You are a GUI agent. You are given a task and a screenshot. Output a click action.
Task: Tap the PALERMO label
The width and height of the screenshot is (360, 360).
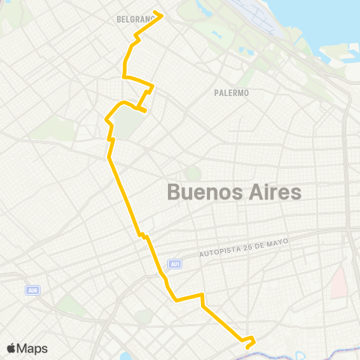(231, 93)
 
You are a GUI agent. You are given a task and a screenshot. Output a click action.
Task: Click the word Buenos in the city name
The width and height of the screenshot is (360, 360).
(200, 192)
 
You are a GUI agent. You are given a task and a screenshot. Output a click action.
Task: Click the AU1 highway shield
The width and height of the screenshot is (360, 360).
(175, 263)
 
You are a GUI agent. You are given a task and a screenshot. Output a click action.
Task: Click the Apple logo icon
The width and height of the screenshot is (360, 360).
(12, 348)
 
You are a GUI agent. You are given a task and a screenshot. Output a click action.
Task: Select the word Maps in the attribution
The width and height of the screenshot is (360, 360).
(33, 348)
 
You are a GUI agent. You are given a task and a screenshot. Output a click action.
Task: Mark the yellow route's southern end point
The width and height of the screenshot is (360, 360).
(245, 346)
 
